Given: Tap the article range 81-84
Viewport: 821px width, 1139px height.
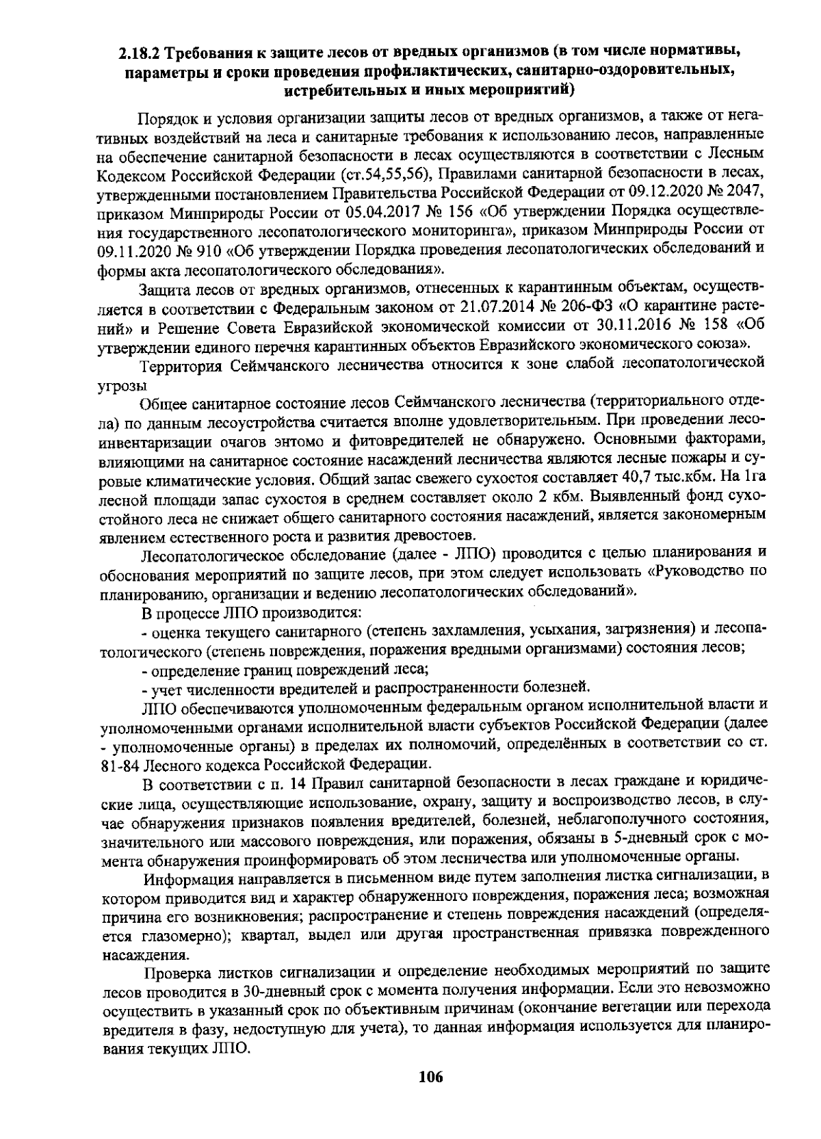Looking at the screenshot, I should point(122,763).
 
